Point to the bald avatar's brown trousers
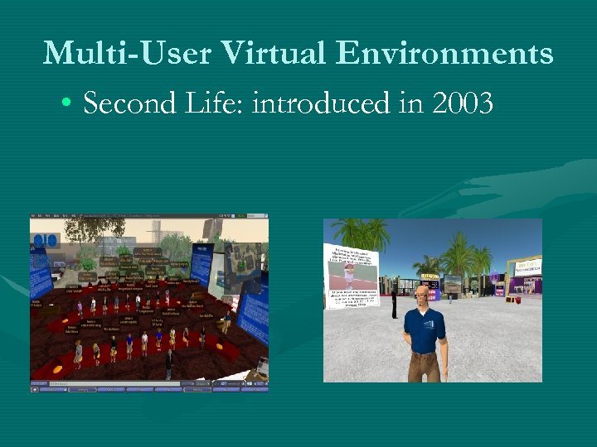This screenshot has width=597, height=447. (x=424, y=365)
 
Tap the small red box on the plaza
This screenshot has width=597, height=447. (x=516, y=300)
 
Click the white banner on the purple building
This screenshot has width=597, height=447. (x=527, y=267)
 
